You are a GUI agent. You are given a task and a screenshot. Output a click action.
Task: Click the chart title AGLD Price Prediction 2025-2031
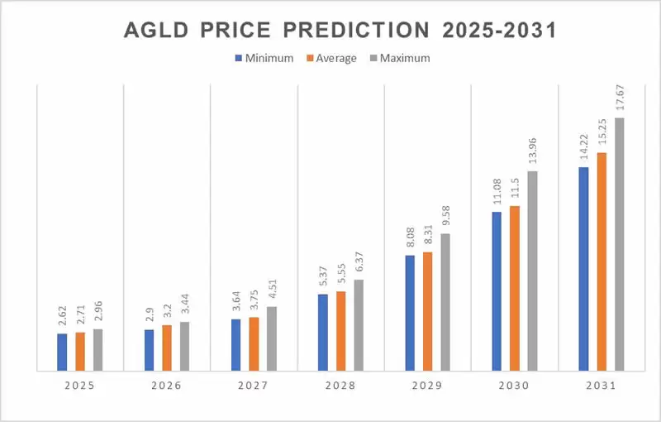coord(339,31)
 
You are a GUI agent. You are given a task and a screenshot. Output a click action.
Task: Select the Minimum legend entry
coord(263,59)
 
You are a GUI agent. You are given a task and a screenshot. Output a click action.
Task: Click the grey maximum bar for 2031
coord(620,244)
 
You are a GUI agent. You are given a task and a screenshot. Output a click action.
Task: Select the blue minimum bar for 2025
coord(62,352)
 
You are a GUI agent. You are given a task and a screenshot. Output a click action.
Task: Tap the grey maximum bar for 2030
coord(532,271)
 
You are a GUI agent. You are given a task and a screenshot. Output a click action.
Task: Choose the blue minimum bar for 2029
coord(410,313)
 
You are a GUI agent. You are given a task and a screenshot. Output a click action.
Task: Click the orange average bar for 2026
coord(167,348)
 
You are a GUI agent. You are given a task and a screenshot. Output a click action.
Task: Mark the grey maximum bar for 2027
coord(272,338)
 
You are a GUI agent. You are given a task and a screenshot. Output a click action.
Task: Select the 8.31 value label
coord(428,237)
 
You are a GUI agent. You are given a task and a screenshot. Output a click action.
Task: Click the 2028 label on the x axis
coord(340,386)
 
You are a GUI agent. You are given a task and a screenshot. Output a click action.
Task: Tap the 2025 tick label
coord(80,386)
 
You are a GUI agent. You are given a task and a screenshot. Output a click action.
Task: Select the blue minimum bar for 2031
coord(584,269)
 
